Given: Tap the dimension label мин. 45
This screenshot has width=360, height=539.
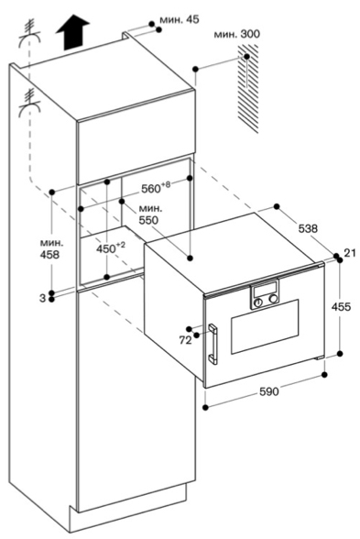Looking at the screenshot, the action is tap(180, 19).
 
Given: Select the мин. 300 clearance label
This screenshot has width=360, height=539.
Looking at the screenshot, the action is tap(237, 35).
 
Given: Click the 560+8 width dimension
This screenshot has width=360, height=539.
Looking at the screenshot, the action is tap(156, 187).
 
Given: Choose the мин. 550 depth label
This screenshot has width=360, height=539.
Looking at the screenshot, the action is tap(150, 214).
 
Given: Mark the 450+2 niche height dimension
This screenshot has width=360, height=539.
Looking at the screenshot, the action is tap(111, 247).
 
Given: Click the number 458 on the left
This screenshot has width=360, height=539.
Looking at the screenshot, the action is tap(50, 255).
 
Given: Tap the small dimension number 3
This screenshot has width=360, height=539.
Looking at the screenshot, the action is tap(42, 298).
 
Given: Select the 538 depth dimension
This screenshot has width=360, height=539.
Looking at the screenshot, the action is tap(308, 228).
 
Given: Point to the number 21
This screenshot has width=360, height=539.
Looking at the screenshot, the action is tap(350, 253).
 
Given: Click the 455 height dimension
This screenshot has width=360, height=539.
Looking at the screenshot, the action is tap(341, 306).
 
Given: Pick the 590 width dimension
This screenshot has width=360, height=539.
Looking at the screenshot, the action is tap(269, 391).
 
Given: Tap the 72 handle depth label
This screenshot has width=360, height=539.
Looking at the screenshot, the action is tap(185, 340).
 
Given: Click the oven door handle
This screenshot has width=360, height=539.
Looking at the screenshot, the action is tap(213, 344).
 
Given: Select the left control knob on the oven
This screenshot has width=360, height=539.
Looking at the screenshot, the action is tap(258, 302).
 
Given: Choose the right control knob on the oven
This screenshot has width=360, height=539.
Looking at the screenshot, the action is tap(273, 299).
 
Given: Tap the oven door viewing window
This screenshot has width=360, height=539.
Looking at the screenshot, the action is tap(265, 326).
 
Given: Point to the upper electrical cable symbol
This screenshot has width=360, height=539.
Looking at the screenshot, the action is tap(31, 33).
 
